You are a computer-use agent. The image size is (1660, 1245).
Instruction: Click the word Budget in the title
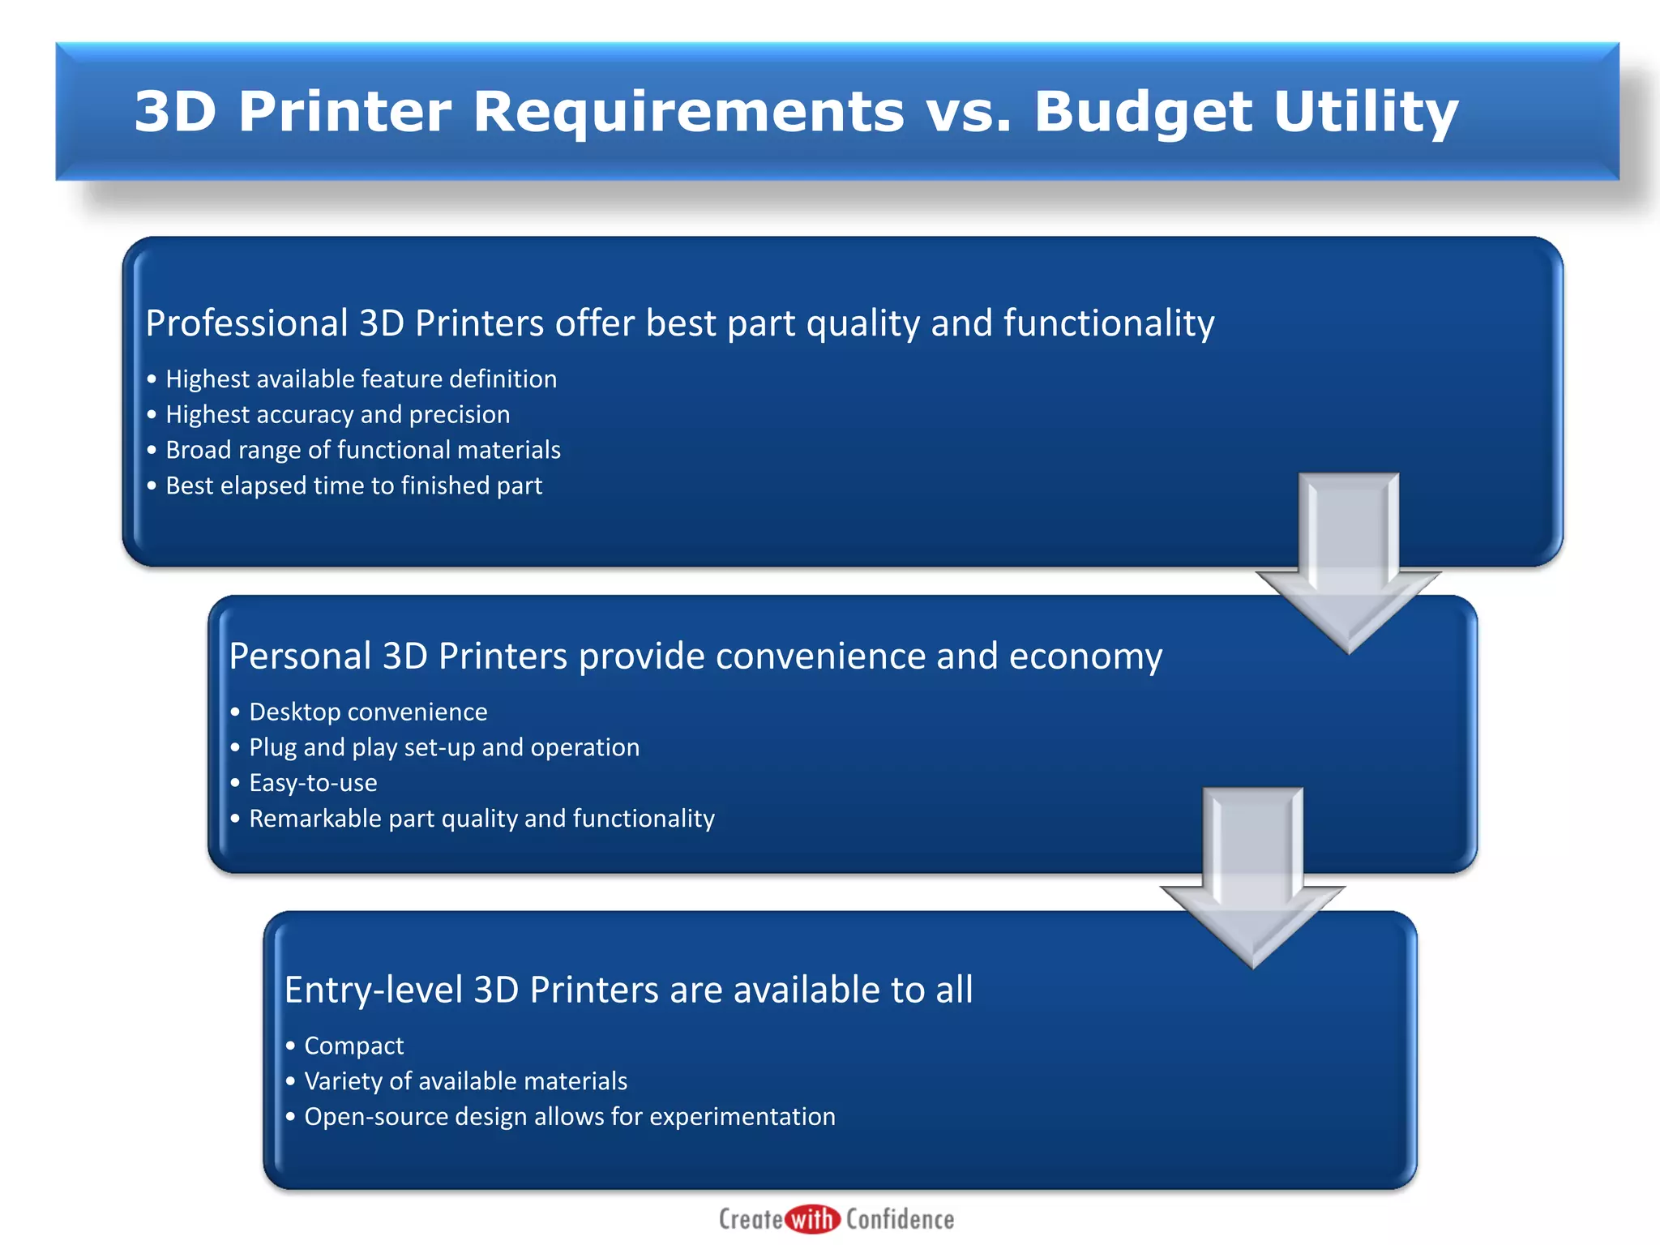click(1144, 112)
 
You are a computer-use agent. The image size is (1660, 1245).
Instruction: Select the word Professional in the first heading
click(246, 323)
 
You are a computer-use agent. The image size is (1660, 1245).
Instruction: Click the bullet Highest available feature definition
click(361, 379)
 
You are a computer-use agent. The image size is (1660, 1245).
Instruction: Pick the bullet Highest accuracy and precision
click(337, 415)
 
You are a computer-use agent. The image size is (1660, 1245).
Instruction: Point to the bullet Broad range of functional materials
click(362, 450)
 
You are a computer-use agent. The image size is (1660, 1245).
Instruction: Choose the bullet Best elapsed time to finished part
click(353, 486)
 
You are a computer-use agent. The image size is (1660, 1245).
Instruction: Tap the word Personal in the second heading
click(300, 656)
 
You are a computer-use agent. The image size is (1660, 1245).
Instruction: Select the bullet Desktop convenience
click(368, 712)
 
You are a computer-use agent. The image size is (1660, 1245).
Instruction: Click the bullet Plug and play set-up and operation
click(443, 747)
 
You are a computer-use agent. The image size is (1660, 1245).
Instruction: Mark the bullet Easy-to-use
click(313, 783)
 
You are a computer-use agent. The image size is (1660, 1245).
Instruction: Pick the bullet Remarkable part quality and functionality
click(481, 819)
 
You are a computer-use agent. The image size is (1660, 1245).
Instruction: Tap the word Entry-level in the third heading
click(373, 990)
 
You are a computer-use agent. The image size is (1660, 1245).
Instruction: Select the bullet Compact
click(353, 1046)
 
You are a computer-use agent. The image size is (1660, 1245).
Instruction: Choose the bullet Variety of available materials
click(465, 1081)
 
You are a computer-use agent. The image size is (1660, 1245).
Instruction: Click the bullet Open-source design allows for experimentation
click(569, 1117)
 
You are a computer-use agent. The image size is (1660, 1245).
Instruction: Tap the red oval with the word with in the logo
click(813, 1219)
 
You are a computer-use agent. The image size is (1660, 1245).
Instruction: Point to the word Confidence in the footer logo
click(900, 1219)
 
